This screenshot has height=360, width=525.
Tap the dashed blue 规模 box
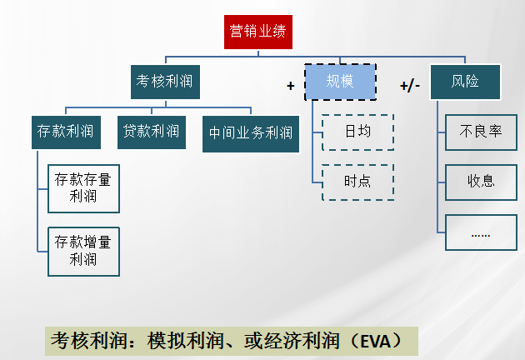340,82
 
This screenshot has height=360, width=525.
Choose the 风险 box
466,82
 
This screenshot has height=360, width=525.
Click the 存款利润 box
64,131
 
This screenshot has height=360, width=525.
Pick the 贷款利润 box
151,131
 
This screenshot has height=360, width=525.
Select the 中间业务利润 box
251,132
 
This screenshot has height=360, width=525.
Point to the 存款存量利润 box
83,188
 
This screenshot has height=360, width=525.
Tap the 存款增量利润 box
83,251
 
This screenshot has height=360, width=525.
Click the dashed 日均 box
357,132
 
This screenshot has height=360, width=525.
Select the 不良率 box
481,132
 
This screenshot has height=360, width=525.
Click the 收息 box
481,181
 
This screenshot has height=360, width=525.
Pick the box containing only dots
481,232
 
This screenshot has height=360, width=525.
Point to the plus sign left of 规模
291,85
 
